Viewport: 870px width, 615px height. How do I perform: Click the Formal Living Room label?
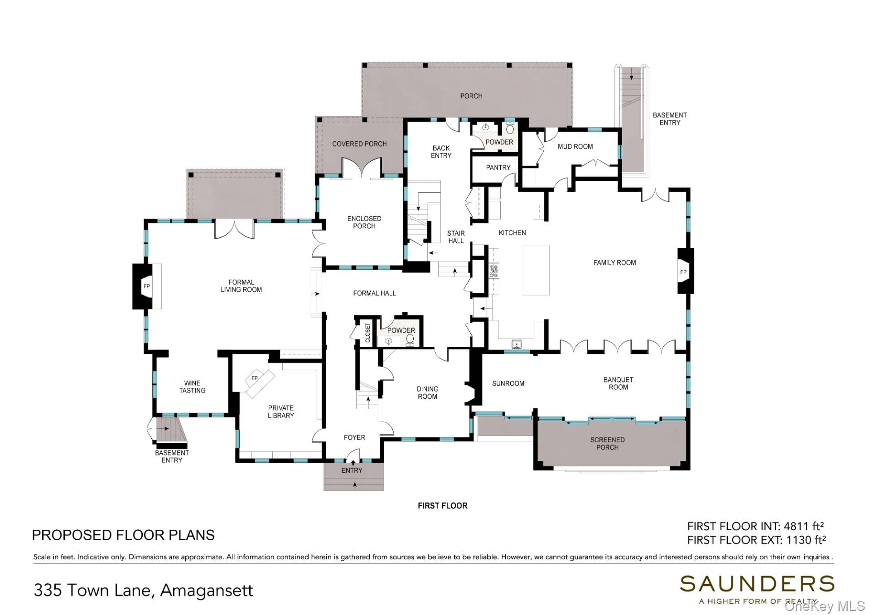click(x=241, y=286)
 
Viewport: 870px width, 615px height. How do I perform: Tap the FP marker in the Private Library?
click(x=255, y=378)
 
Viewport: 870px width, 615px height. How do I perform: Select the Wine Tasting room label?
click(x=192, y=387)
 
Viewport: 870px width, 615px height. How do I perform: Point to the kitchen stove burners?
click(x=493, y=271)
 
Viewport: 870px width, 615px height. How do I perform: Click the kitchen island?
click(x=536, y=270)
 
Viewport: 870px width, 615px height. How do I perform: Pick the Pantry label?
click(x=498, y=168)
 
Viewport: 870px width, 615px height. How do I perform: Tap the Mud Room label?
click(x=575, y=146)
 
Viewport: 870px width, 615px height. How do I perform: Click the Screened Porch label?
click(x=607, y=443)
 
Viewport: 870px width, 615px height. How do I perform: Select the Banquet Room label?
click(x=618, y=383)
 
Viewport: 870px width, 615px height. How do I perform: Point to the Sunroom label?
click(x=508, y=383)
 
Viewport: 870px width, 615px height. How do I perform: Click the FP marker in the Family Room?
click(x=683, y=272)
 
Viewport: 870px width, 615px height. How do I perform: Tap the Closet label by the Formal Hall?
click(x=367, y=333)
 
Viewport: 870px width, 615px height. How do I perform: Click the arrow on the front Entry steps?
click(x=355, y=485)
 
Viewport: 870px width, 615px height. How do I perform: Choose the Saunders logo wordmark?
click(x=757, y=584)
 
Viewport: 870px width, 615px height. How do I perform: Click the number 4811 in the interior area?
click(x=796, y=527)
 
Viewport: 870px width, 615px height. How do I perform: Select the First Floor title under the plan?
click(x=442, y=506)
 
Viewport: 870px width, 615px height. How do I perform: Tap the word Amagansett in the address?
click(x=207, y=591)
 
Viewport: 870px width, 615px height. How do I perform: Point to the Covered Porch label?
click(x=359, y=144)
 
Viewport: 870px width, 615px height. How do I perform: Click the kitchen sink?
click(x=517, y=345)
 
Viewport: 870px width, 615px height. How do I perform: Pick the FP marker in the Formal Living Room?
click(x=146, y=286)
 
